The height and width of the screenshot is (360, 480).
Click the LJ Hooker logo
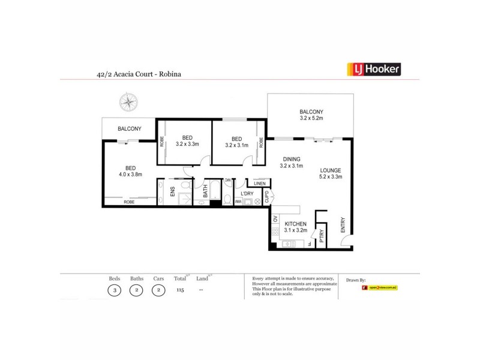point(374,70)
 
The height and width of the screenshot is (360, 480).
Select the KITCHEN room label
point(295,224)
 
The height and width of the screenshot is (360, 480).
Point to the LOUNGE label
point(331,170)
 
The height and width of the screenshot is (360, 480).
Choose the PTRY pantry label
point(322,234)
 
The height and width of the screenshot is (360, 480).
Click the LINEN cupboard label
point(259,184)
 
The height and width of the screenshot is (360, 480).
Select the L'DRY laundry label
point(247,194)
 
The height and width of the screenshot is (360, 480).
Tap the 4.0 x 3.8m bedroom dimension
point(130,176)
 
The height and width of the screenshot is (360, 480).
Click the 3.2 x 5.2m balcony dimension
point(311,119)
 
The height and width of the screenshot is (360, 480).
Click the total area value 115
point(179,290)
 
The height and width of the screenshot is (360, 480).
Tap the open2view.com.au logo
point(380,288)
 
